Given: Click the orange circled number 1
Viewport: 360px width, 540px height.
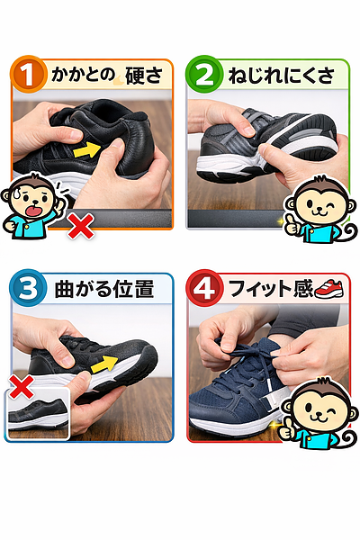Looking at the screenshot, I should point(28,75).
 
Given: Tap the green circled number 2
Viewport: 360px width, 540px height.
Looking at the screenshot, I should point(204,75).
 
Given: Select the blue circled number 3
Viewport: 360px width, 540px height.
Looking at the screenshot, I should point(27,290).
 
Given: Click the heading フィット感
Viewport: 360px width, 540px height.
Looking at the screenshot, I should point(263,290).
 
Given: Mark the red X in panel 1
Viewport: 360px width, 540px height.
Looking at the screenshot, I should point(82,226).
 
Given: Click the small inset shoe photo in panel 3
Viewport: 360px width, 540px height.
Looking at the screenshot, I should point(39,417).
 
